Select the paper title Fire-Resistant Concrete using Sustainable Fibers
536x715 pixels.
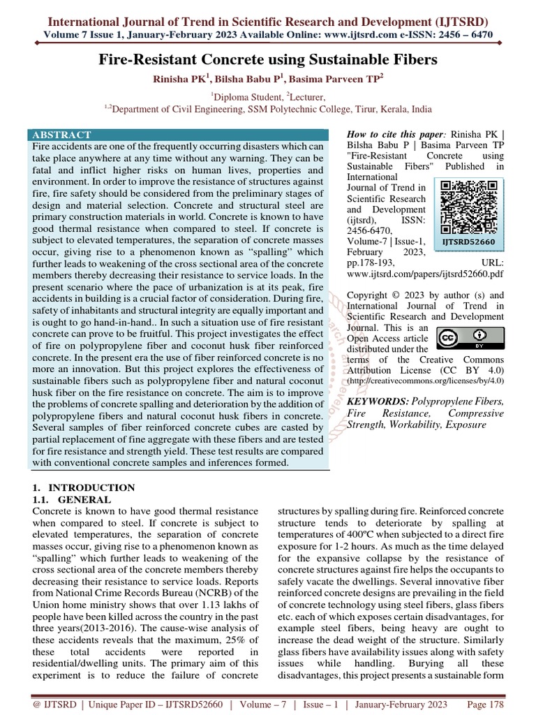click(x=267, y=60)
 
